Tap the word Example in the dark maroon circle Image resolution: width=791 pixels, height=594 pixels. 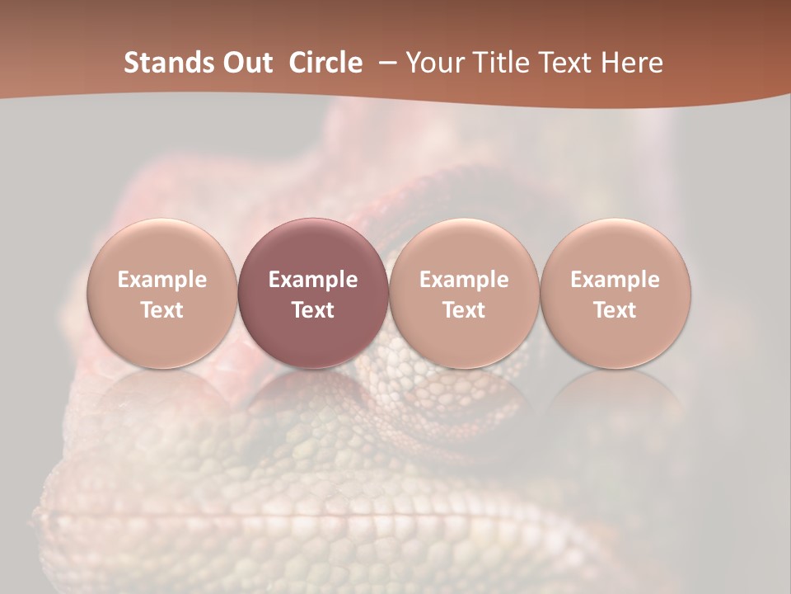[x=313, y=280]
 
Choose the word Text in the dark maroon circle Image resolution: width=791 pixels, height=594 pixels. [x=313, y=310]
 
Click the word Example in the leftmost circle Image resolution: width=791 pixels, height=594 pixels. [x=161, y=280]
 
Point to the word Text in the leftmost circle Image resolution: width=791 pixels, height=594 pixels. [x=161, y=310]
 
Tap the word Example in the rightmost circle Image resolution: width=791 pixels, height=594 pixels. [x=615, y=280]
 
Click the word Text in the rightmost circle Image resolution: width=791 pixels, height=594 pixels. [x=615, y=310]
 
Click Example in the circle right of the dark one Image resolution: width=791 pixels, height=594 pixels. [x=464, y=280]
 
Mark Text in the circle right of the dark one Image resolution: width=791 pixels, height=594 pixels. [x=464, y=310]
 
